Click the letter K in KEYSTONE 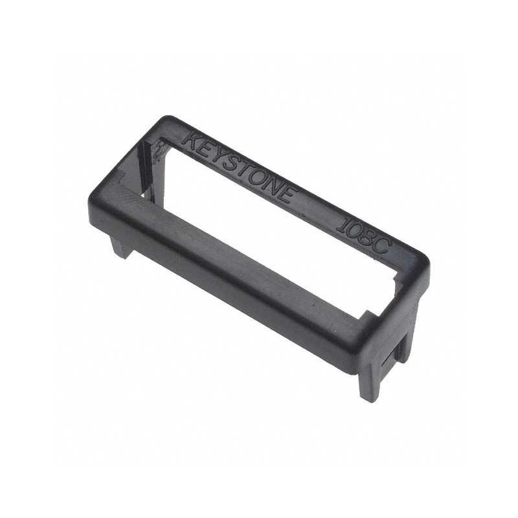[x=192, y=140]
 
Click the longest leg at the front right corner [x=368, y=382]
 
